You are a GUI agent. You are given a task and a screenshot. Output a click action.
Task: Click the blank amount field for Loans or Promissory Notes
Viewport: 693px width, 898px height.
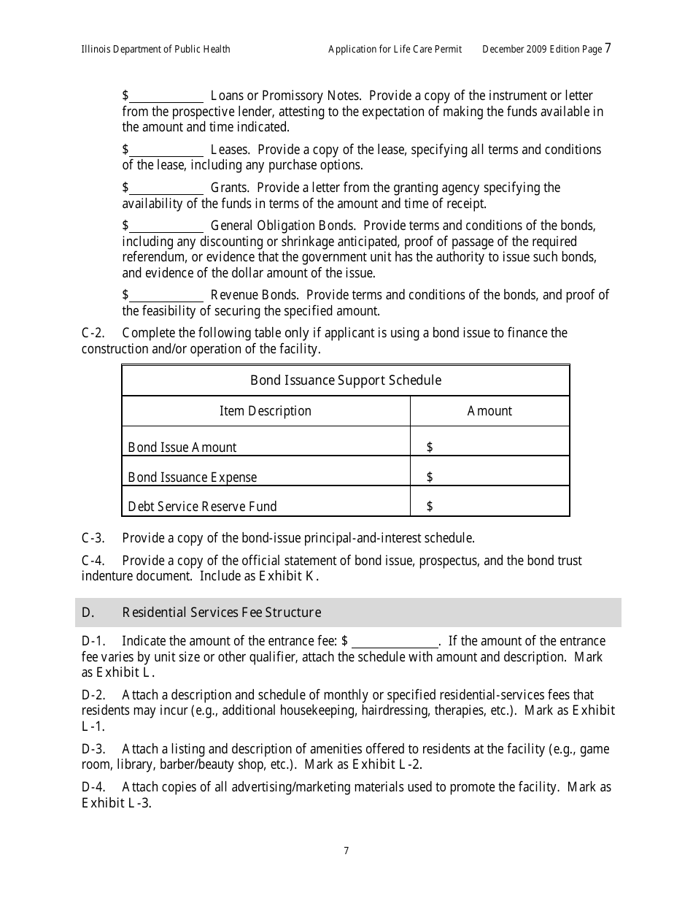point(166,96)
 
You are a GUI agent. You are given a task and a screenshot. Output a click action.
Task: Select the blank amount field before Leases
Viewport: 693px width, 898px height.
point(166,150)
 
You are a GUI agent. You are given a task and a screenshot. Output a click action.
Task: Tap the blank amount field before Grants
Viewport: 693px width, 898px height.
point(166,188)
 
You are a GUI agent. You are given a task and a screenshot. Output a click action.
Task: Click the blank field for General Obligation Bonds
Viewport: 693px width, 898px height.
point(166,226)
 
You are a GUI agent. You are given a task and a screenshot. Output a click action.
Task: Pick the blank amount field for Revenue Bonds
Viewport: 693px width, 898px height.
point(166,296)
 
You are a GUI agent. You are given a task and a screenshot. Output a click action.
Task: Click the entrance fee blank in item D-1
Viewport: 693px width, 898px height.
point(395,642)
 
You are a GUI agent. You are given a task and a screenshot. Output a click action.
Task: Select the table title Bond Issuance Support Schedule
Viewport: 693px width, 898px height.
point(345,380)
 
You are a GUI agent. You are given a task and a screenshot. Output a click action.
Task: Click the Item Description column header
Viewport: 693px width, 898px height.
point(266,411)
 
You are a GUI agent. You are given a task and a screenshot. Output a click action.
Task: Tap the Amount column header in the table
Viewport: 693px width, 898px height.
point(489,411)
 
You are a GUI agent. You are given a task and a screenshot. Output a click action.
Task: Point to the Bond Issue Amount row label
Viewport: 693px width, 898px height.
point(182,448)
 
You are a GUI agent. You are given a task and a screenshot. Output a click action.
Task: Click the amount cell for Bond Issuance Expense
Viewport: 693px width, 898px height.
point(489,477)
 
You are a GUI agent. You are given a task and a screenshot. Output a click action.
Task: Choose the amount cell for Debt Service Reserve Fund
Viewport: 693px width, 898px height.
point(489,506)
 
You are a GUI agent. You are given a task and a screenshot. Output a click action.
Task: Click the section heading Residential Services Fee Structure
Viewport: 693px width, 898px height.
point(221,613)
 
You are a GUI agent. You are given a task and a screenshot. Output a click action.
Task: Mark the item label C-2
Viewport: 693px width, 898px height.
point(93,333)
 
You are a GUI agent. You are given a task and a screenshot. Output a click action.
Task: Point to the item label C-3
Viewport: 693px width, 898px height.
point(93,538)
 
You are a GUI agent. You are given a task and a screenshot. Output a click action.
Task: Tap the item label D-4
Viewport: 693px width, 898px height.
point(93,787)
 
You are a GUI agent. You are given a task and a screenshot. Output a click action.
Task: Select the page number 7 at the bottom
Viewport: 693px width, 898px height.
point(346,851)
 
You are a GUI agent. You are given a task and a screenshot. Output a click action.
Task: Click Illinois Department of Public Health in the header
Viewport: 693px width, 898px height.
point(155,50)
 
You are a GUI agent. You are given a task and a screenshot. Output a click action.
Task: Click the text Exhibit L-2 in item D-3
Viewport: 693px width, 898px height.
point(387,765)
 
